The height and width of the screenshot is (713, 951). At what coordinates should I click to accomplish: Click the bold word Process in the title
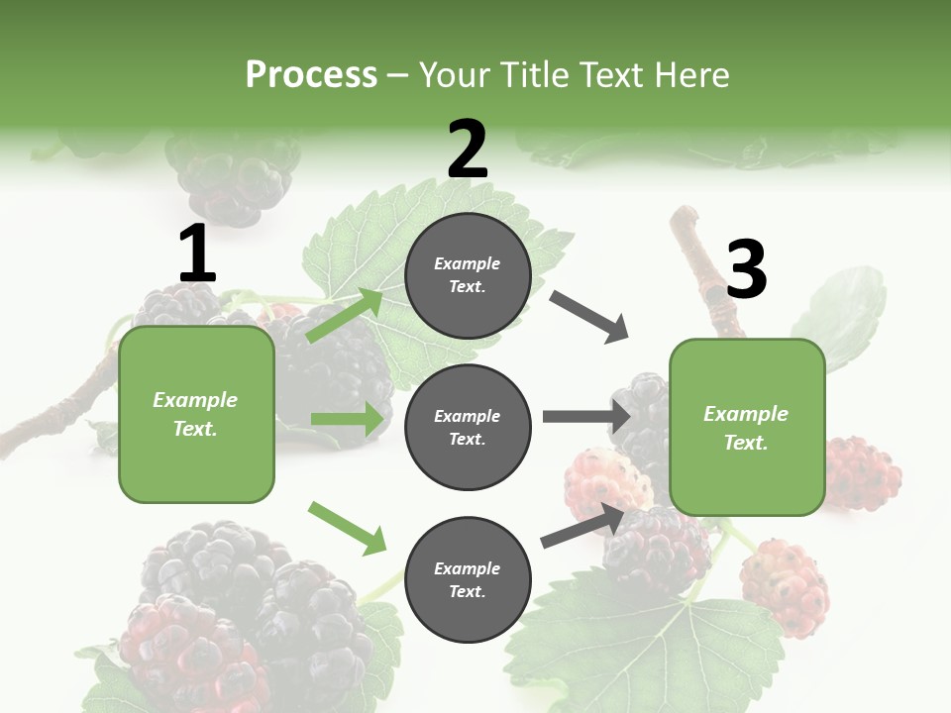(x=311, y=74)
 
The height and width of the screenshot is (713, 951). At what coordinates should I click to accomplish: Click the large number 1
(x=197, y=255)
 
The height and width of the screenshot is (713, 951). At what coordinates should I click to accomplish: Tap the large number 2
(x=468, y=150)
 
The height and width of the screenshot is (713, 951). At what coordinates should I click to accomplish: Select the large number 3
(x=746, y=270)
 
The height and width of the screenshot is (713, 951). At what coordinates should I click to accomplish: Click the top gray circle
(x=468, y=275)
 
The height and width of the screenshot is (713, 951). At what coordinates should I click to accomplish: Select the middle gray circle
(x=468, y=428)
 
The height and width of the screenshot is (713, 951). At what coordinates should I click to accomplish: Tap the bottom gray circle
(x=468, y=580)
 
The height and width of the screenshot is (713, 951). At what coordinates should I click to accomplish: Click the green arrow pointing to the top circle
(x=346, y=315)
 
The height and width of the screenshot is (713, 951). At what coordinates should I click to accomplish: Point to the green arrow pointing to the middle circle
(x=347, y=419)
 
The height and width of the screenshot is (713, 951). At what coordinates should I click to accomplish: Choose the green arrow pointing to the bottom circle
(x=347, y=528)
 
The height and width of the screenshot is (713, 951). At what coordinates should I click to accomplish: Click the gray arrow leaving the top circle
(x=589, y=317)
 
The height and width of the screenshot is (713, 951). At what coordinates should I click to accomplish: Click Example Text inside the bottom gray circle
(x=468, y=580)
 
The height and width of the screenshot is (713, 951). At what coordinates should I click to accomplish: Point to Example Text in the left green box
(x=196, y=414)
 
